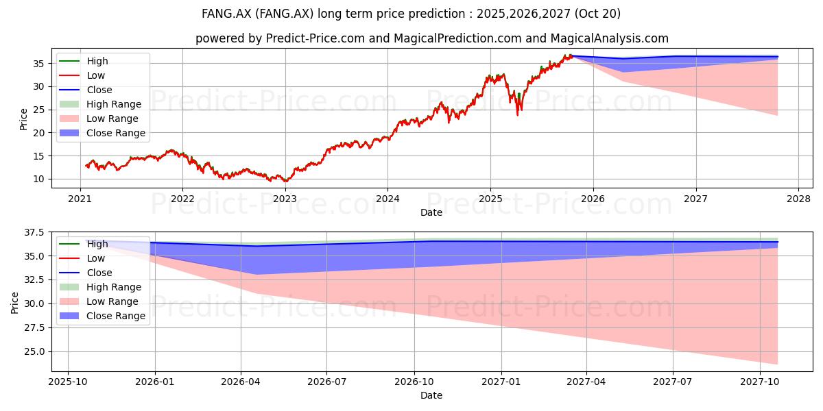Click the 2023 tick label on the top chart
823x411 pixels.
coord(285,199)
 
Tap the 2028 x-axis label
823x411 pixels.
coord(798,199)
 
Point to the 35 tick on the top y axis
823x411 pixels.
coord(38,64)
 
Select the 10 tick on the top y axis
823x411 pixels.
coord(38,179)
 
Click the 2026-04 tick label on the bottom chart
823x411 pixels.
coord(241,382)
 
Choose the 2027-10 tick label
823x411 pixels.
coord(760,382)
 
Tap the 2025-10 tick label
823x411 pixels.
coord(68,382)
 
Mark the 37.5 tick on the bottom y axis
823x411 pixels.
coord(34,232)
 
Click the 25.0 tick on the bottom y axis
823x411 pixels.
coord(34,351)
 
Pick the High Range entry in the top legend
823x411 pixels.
coord(100,104)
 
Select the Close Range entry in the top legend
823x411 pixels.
coord(102,133)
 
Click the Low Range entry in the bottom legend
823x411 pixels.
coord(99,301)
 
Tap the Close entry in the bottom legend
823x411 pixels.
coord(86,273)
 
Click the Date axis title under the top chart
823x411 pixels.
coord(431,212)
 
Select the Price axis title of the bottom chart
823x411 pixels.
coord(14,303)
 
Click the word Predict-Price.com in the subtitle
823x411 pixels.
coord(315,38)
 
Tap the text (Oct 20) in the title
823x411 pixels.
coord(597,14)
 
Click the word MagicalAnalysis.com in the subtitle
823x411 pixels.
coord(610,38)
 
